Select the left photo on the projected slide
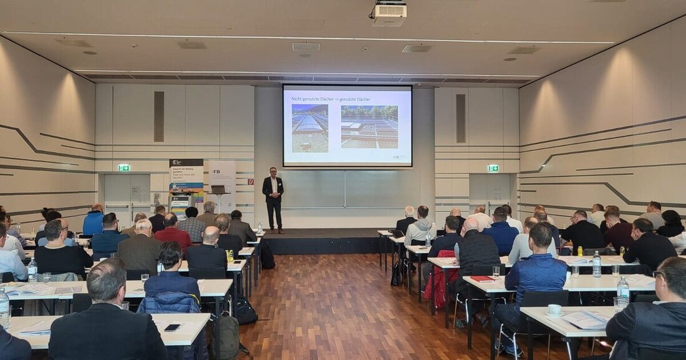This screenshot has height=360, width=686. click(x=310, y=128)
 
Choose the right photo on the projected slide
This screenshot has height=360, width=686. click(x=369, y=127)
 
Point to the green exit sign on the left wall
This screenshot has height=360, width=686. click(x=123, y=167)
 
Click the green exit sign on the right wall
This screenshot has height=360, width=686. click(x=493, y=168)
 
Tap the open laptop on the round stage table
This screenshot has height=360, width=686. click(x=218, y=189)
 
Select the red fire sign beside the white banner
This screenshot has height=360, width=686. click(x=251, y=182)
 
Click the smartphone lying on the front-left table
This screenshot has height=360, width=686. click(x=172, y=327)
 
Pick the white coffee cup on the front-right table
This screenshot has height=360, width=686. click(x=554, y=309)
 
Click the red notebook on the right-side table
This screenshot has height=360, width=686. click(x=482, y=278)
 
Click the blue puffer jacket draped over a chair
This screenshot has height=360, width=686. click(x=170, y=303)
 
